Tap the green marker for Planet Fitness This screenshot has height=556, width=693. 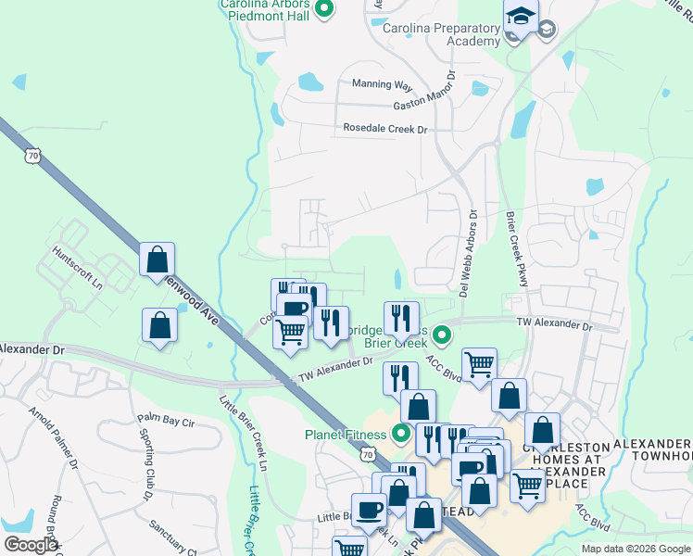point(401,433)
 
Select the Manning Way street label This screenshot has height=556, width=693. point(382,84)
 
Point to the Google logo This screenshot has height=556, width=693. point(31,545)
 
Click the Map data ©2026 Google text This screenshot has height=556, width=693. point(635,549)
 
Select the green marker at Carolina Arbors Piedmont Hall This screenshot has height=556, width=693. point(323,10)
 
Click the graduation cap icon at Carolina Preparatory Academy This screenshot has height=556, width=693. point(521,17)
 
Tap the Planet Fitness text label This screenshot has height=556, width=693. point(346,435)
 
